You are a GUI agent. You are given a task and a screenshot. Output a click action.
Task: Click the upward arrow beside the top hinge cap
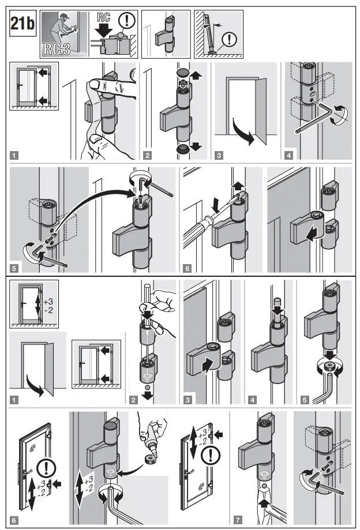click(x=198, y=75)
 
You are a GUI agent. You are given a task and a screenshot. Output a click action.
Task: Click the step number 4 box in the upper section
click(x=288, y=155)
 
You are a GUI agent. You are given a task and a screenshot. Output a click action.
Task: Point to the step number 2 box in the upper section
click(x=147, y=155)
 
